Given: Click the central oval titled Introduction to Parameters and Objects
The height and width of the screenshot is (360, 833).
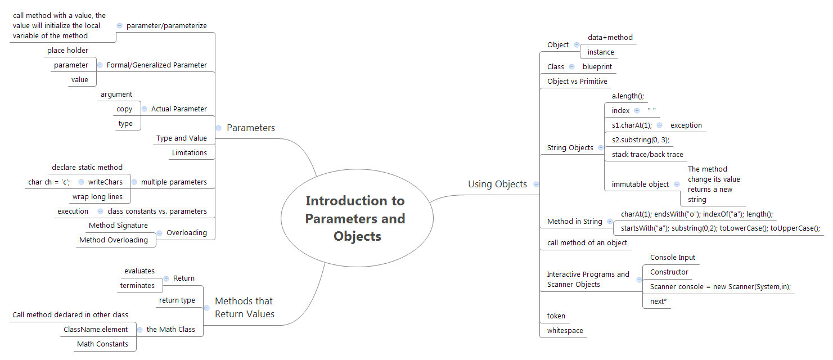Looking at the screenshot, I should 355,218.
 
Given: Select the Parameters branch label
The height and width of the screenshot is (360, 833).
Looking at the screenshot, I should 251,128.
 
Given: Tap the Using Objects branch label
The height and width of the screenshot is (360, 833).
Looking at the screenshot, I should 497,184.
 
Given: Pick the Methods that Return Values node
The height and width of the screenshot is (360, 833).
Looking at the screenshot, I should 245,308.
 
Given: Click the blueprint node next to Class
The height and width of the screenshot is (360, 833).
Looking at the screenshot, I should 597,67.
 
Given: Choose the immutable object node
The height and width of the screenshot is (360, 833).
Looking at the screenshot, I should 640,184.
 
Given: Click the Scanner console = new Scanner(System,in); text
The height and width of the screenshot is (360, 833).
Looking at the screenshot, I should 721,287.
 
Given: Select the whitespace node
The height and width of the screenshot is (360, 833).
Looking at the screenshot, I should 565,331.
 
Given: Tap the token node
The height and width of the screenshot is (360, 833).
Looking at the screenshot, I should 556,316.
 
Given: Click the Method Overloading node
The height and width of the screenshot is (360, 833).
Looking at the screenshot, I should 114,240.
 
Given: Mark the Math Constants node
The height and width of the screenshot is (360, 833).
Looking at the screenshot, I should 102,344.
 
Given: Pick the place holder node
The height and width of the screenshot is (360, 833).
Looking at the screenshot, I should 67,51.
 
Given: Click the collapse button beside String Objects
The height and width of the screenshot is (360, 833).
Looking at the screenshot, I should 601,148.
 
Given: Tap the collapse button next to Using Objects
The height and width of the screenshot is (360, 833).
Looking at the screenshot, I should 536,184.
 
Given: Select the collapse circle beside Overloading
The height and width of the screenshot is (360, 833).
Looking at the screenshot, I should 160,233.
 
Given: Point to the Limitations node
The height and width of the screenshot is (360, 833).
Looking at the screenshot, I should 189,153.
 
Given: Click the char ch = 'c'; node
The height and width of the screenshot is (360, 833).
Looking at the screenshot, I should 49,182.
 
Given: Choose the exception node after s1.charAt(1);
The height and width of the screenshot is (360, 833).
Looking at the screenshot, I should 686,125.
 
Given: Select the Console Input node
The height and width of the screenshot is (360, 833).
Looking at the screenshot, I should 673,258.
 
